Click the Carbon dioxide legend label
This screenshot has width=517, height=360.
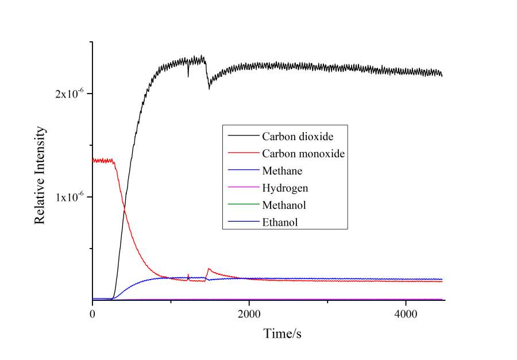coord(298,137)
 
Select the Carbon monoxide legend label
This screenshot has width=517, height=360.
coord(303,154)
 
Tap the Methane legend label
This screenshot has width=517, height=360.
coord(282,171)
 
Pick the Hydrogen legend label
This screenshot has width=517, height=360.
coord(284,188)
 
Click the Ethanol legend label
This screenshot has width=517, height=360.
coord(280,222)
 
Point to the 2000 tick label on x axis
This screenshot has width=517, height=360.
coord(249,314)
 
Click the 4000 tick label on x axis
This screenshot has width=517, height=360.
coord(406,314)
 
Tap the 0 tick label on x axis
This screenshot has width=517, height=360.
coord(92,314)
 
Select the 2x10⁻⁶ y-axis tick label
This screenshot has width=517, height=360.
coord(70,93)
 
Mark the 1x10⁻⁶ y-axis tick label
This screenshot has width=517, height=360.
coord(70,196)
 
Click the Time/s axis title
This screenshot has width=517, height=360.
coord(282,334)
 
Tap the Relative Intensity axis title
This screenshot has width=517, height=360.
coord(40,175)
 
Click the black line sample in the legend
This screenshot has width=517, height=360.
coord(242,137)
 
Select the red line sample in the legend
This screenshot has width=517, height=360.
coord(242,154)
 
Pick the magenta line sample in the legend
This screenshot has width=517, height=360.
coord(242,188)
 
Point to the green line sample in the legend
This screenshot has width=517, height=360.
coord(242,205)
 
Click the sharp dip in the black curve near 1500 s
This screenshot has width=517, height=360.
coord(209,88)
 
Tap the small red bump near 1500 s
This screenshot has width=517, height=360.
coord(209,269)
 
